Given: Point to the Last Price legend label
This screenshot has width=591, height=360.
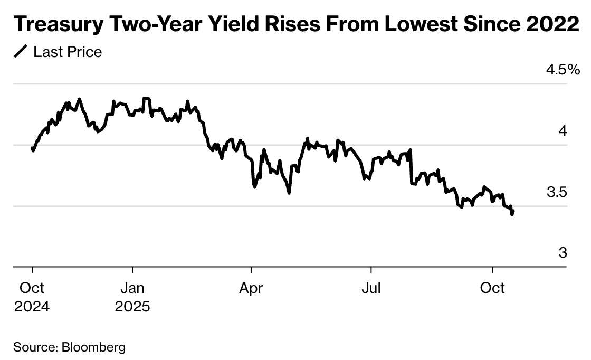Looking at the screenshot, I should tap(68, 52).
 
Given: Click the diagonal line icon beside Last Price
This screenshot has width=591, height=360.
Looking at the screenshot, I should tap(21, 52).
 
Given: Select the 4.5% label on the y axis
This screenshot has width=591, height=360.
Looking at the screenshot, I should tap(563, 69).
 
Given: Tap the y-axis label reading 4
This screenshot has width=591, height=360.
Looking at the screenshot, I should tap(563, 130).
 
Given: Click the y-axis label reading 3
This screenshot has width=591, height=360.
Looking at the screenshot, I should tap(563, 253).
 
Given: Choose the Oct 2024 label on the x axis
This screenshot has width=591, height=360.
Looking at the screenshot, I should tap(32, 297).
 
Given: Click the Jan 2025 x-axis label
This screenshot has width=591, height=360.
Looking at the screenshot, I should tap(132, 297).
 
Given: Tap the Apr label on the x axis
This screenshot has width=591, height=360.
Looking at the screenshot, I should tap(251, 288).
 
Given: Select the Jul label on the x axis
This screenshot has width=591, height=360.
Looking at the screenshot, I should tap(371, 288).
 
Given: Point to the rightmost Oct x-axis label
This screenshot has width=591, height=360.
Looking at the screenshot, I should tap(492, 288).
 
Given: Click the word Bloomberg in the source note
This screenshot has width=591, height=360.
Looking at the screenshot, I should tap(94, 347).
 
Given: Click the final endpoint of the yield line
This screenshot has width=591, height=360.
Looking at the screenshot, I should tap(513, 211).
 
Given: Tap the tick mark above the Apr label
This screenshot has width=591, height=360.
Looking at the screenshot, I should tap(251, 271).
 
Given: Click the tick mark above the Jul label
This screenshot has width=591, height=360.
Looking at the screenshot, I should tap(371, 271).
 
